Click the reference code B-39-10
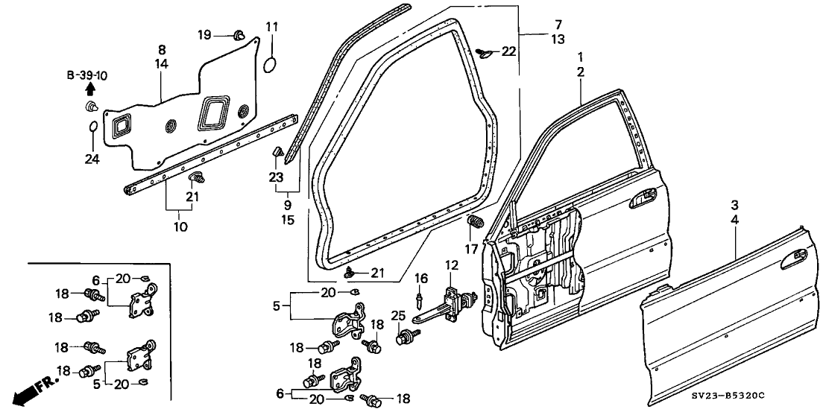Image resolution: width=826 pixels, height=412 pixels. (86, 75)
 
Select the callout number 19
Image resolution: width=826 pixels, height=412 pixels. (204, 34)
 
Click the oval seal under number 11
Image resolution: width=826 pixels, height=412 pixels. (270, 64)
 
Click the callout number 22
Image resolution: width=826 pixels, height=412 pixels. (508, 51)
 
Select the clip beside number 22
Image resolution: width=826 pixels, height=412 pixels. (485, 51)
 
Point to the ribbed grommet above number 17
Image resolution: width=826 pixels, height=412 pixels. (474, 222)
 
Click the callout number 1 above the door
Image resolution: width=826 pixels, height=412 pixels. (580, 57)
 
